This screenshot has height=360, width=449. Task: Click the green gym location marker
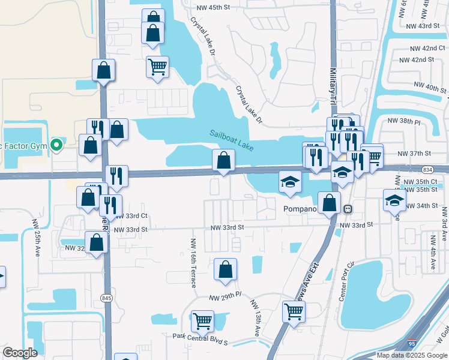pos(56,145)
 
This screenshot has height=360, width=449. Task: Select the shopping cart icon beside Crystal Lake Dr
pos(157,67)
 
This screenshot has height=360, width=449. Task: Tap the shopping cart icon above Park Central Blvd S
pos(202,321)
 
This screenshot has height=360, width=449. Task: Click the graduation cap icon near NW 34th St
pos(394,199)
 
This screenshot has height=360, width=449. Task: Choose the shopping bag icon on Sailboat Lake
pos(223,160)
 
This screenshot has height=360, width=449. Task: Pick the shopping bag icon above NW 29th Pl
pos(225,269)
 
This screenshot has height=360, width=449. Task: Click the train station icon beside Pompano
pos(347,208)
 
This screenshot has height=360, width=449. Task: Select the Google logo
pos(20,353)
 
